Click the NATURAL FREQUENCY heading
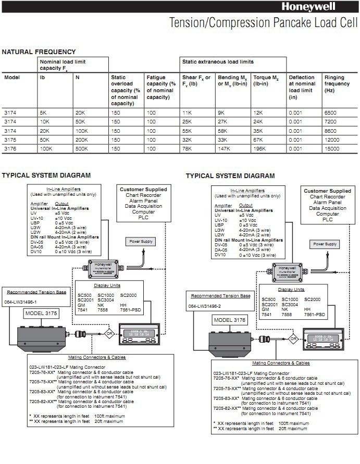coord(39,52)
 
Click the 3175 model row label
coord(10,140)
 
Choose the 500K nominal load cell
coord(81,148)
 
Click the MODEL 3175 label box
coord(41,314)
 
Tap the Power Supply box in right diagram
coord(324,244)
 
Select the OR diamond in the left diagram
coord(110,333)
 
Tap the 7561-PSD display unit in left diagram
coord(131,310)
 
